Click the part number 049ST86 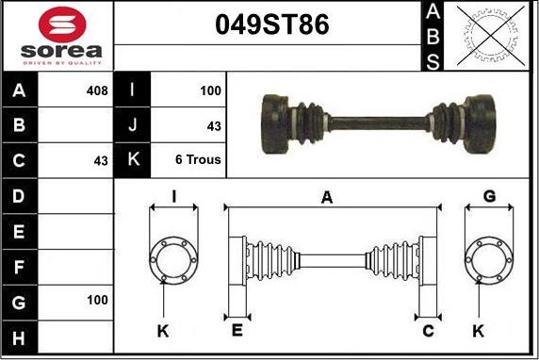coord(272,25)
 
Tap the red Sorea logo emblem coord(62,25)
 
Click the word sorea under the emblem coord(61,51)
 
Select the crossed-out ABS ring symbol coord(491,36)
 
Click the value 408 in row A coord(97,90)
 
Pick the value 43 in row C coord(101,160)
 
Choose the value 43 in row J coord(214,126)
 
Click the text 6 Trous coord(198,159)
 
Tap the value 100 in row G coord(97,300)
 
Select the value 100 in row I coord(210,90)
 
